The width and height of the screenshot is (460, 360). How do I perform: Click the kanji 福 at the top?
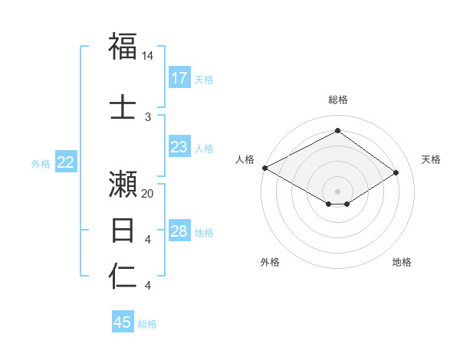(x=123, y=47)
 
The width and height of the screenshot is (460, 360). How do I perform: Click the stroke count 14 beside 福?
(x=148, y=56)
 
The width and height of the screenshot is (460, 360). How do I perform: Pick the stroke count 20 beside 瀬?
(x=148, y=194)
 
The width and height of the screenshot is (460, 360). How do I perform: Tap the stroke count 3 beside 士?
(x=148, y=116)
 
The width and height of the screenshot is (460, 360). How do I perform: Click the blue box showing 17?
(x=179, y=78)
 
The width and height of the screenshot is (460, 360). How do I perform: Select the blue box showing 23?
(x=179, y=147)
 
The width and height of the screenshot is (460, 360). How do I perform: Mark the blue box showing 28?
(x=179, y=231)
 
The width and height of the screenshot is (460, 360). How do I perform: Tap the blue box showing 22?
(x=66, y=162)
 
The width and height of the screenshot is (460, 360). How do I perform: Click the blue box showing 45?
(x=123, y=322)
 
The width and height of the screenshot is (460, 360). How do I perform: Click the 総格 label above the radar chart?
(x=337, y=100)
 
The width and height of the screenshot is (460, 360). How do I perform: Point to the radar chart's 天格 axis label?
(x=432, y=159)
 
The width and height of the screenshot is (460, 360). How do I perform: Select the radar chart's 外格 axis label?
(x=270, y=262)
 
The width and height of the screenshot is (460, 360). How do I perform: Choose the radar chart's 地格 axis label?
(x=402, y=262)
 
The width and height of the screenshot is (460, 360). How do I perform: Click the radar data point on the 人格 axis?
(x=264, y=167)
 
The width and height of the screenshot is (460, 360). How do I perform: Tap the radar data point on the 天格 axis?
(x=396, y=172)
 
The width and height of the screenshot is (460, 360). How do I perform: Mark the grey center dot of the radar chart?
(x=337, y=191)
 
